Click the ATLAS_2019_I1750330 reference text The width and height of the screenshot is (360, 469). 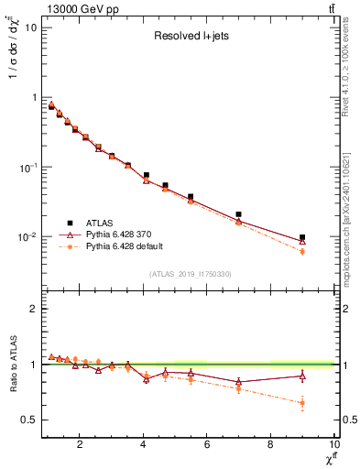[x=190, y=274]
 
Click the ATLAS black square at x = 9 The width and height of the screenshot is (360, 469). [x=302, y=237]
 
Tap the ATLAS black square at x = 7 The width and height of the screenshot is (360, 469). [x=239, y=214]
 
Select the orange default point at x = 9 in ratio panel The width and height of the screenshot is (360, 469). [x=302, y=402]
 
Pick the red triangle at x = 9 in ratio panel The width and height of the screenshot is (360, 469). [x=302, y=376]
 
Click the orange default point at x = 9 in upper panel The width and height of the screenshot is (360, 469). [x=302, y=251]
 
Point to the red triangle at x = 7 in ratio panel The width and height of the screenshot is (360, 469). [x=239, y=382]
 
